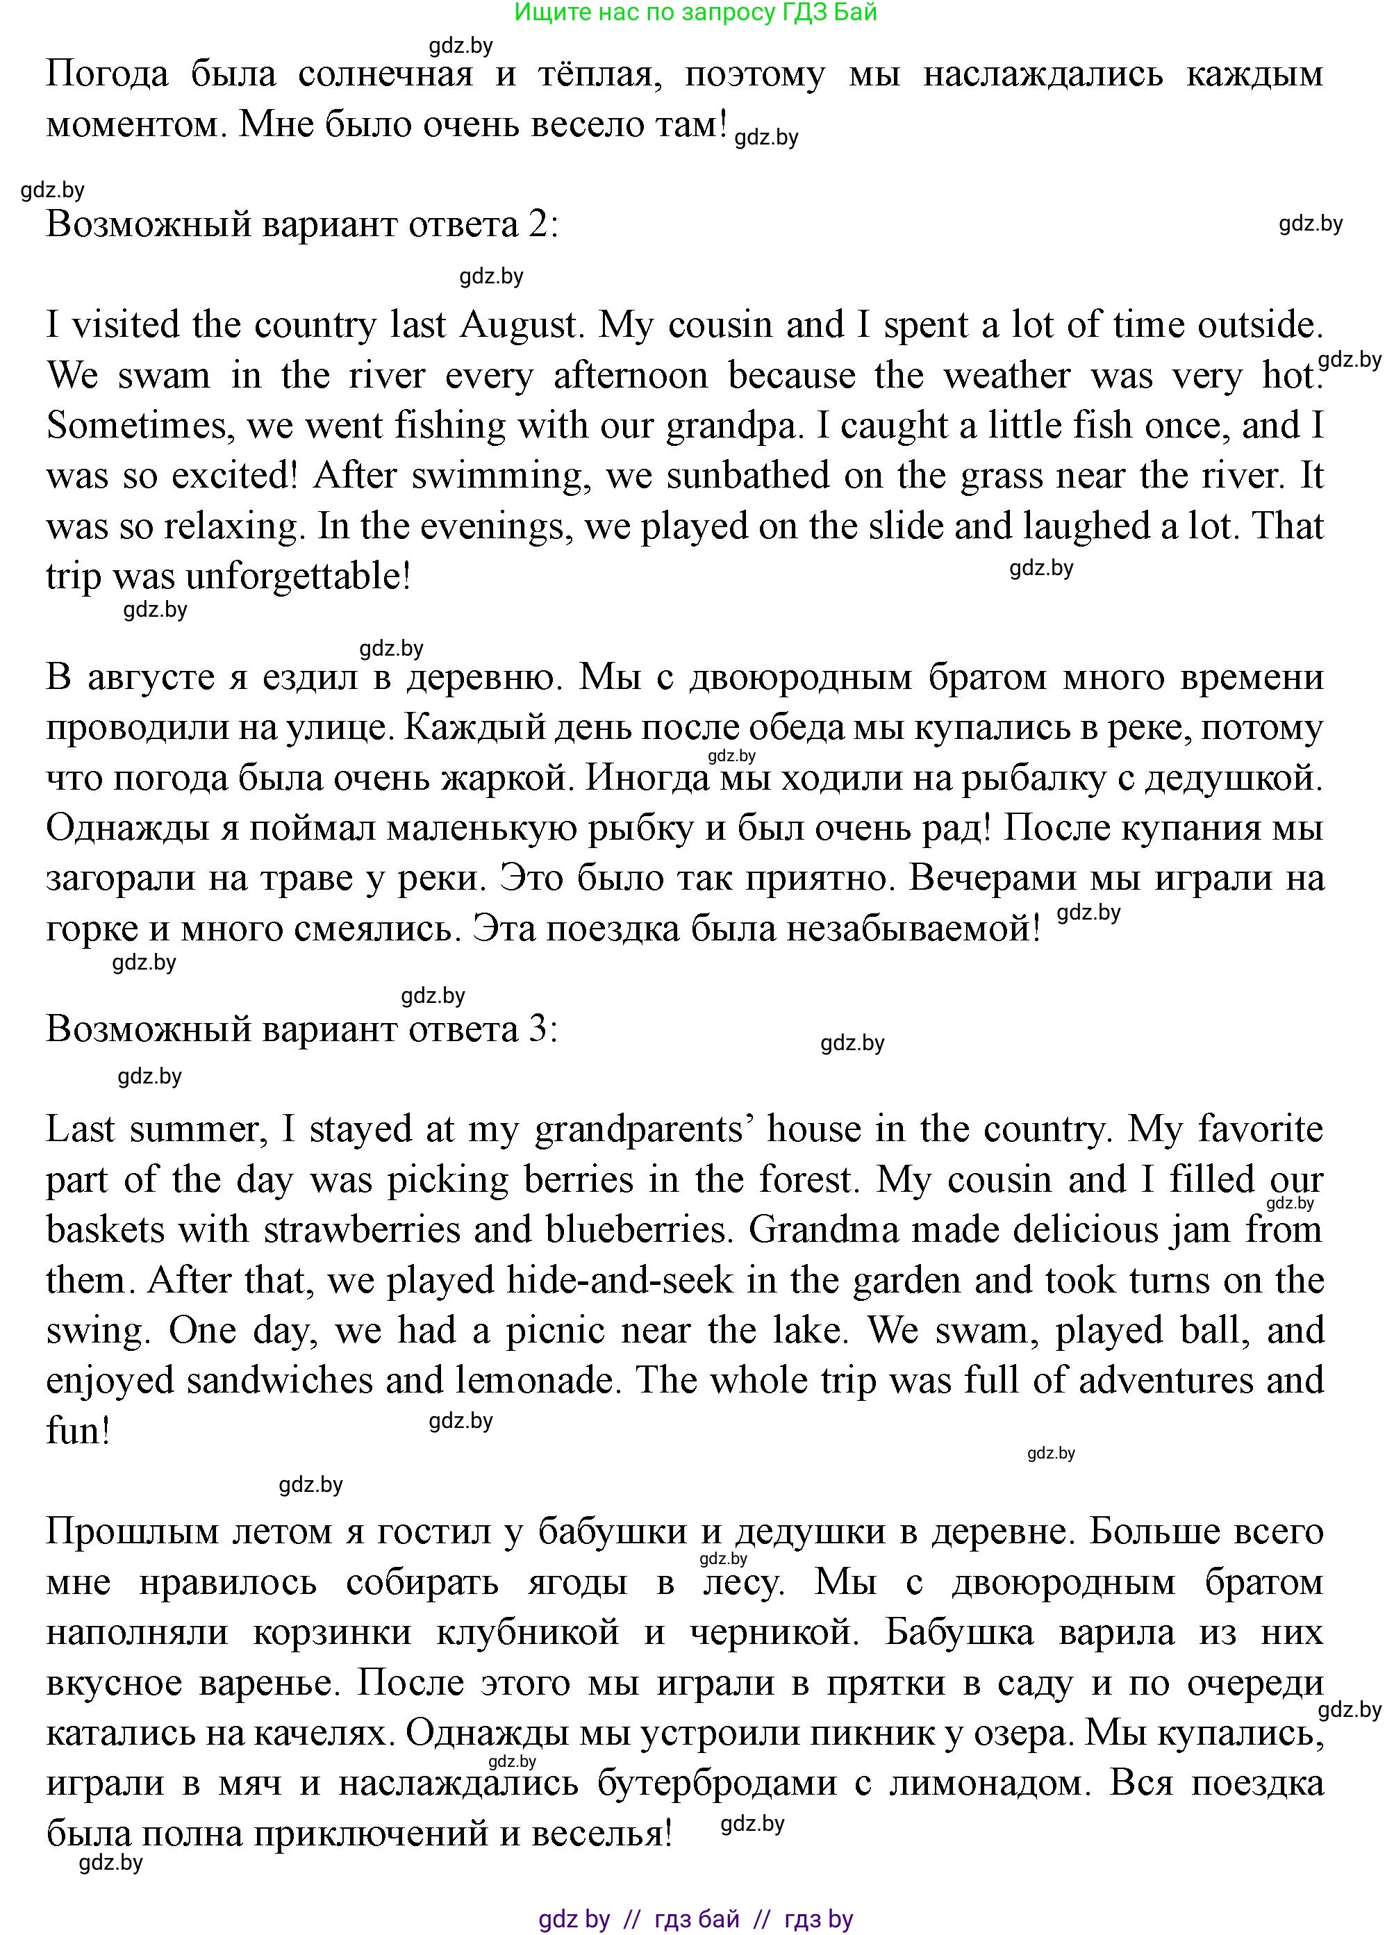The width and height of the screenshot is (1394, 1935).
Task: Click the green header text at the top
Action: click(x=695, y=12)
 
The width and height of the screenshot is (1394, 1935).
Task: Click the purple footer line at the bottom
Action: click(x=695, y=1919)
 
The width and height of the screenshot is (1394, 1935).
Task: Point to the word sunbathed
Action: click(x=747, y=476)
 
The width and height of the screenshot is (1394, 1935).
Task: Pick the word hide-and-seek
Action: click(x=620, y=1281)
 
